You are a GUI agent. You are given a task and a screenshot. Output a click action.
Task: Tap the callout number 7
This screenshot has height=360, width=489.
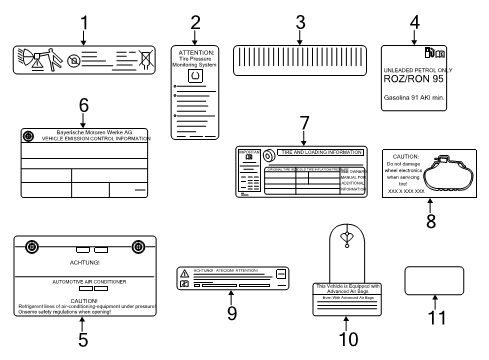[302, 123]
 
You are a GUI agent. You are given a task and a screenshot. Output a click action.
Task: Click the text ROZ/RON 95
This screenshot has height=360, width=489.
[418, 79]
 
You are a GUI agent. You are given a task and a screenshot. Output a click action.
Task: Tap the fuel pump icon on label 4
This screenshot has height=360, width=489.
[428, 51]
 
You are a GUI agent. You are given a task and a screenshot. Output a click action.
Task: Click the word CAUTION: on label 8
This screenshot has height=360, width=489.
[410, 158]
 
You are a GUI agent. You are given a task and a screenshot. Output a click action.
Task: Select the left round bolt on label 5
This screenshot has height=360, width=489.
[30, 248]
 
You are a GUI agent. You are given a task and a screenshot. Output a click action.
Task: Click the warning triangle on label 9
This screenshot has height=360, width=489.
[183, 273]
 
